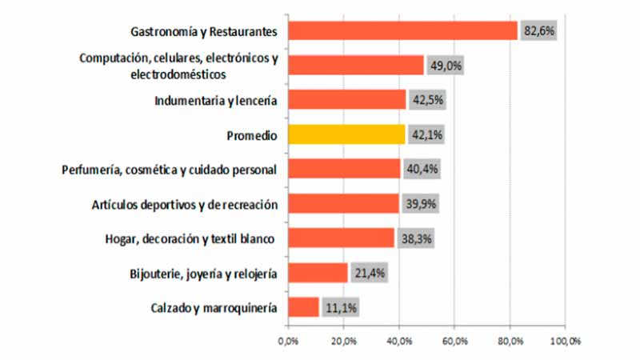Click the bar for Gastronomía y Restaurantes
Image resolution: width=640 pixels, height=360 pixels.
click(402, 30)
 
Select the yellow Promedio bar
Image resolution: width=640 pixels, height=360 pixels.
click(346, 134)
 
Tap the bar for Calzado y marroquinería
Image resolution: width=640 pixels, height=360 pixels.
click(303, 307)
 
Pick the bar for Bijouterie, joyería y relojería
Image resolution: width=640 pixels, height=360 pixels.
click(318, 273)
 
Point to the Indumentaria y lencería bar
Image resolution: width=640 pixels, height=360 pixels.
click(347, 100)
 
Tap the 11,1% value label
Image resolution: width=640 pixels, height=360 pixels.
click(341, 308)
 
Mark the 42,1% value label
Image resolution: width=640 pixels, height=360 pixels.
click(426, 135)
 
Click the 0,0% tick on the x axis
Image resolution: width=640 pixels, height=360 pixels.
click(288, 341)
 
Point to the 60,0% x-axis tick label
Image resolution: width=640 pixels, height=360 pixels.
click(454, 341)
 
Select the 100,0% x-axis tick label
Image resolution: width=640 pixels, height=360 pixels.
click(564, 341)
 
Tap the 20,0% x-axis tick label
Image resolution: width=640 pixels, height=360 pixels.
click(343, 341)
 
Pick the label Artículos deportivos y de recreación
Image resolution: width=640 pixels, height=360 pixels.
click(185, 204)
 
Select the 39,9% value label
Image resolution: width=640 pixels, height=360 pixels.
click(421, 204)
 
